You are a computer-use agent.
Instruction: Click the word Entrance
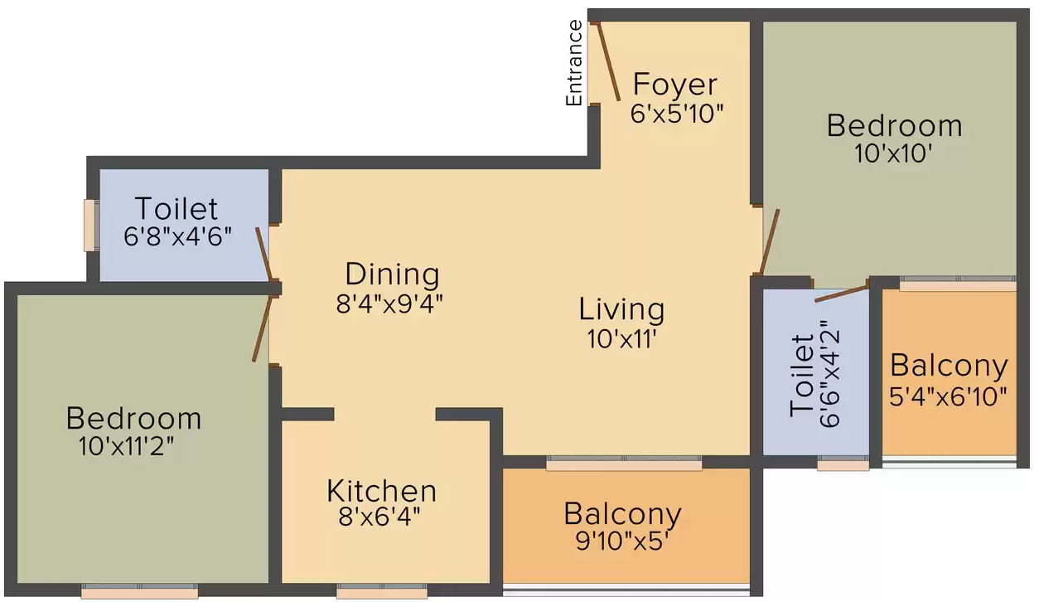pyautogui.click(x=574, y=63)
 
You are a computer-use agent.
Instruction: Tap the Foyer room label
pyautogui.click(x=675, y=84)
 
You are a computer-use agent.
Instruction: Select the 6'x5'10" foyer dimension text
pyautogui.click(x=677, y=114)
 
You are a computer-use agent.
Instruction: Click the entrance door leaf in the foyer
pyautogui.click(x=608, y=61)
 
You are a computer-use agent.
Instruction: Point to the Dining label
pyautogui.click(x=393, y=274)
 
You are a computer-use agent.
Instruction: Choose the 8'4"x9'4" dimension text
pyautogui.click(x=389, y=304)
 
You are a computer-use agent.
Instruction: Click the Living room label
pyautogui.click(x=621, y=309)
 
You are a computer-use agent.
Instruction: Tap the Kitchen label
pyautogui.click(x=381, y=491)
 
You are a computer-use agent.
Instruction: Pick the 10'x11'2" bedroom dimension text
pyautogui.click(x=126, y=446)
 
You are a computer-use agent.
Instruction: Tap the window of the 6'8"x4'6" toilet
pyautogui.click(x=91, y=226)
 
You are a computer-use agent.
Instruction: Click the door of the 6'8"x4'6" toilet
pyautogui.click(x=264, y=255)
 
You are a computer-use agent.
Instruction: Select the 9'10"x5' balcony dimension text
pyautogui.click(x=621, y=541)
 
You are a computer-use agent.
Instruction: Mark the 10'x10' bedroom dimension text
pyautogui.click(x=893, y=153)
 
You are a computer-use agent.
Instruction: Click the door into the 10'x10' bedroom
pyautogui.click(x=770, y=241)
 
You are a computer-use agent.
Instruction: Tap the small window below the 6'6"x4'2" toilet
pyautogui.click(x=843, y=464)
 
